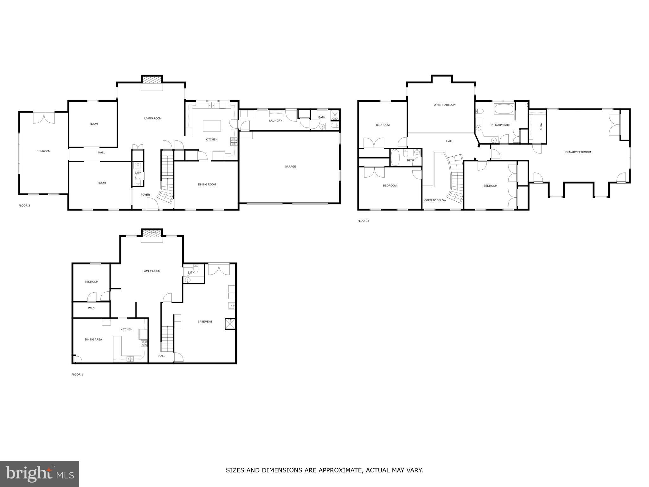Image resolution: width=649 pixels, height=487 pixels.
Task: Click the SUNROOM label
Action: pos(43,151)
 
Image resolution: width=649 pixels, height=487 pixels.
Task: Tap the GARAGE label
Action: pos(290,166)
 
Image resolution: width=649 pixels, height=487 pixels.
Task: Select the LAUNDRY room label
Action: pos(275,120)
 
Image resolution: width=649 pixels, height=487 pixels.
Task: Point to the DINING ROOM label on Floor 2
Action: pos(207,184)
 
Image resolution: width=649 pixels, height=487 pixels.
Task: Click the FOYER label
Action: pos(145,195)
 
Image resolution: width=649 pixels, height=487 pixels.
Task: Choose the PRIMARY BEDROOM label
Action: pos(578,152)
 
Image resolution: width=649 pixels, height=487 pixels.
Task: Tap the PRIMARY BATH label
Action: pos(500,125)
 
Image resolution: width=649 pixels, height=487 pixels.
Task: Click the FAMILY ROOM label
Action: pos(151,271)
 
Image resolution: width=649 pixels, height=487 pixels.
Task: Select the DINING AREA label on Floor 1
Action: pos(93,339)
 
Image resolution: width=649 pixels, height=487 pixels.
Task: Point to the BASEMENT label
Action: pos(205,321)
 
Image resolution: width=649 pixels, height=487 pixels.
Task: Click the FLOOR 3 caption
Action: pos(363,221)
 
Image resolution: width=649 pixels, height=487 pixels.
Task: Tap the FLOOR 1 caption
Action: pos(77,374)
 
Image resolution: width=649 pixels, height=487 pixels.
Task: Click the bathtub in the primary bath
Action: pos(504,109)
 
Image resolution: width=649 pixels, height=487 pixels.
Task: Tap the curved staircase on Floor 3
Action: pos(456,179)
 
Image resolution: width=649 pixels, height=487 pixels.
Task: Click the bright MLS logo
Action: pos(40,474)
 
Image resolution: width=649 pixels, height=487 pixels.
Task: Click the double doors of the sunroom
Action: pos(44,117)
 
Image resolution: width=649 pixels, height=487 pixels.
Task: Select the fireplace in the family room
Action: pos(152,234)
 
